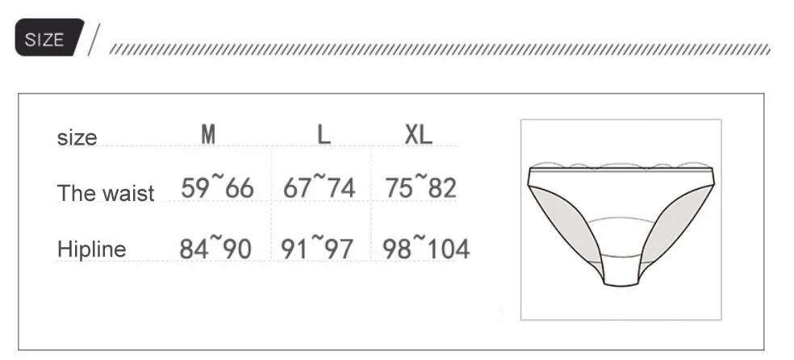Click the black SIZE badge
pos(49,37)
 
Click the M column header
pos(208,134)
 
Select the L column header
pos(324,134)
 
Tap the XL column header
pos(418,134)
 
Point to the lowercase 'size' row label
pos(77,138)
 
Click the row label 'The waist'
pos(106,193)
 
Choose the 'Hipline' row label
pos(91,249)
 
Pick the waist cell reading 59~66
pos(217,186)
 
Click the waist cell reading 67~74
pos(319,186)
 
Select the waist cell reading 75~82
pos(420,186)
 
